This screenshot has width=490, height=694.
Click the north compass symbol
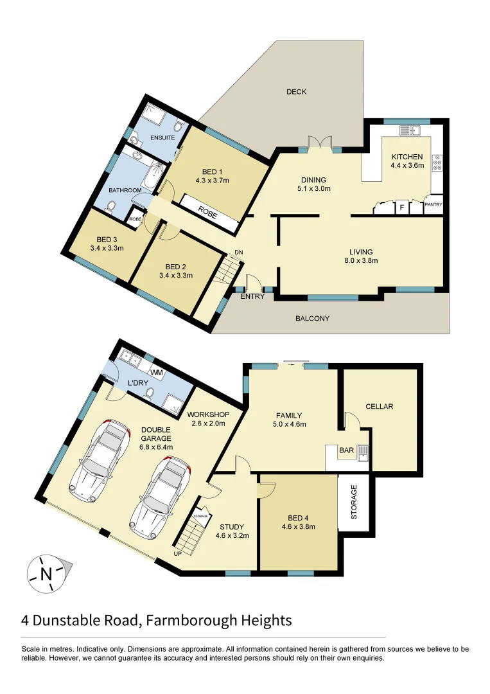tap(46, 573)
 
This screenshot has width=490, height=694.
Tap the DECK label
tap(296, 92)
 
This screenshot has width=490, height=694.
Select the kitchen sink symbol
tap(408, 131)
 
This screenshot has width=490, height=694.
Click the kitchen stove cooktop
tap(437, 163)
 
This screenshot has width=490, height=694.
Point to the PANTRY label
tap(433, 205)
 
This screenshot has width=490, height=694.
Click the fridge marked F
tap(402, 208)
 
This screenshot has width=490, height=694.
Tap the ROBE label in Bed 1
tap(208, 212)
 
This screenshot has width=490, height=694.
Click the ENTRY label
tap(252, 297)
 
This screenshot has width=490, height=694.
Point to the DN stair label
tap(238, 252)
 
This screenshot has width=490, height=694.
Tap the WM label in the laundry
tap(156, 373)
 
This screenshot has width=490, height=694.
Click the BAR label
tap(346, 451)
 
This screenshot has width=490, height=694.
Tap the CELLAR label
tap(379, 407)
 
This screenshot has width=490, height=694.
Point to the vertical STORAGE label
tap(353, 503)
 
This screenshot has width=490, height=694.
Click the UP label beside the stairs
tap(177, 553)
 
